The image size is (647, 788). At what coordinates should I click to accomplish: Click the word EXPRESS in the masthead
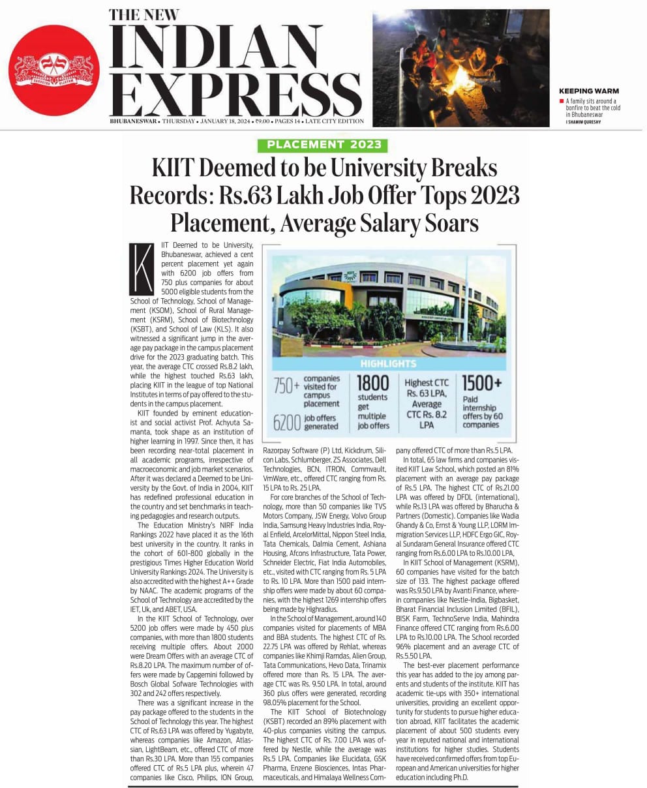(x=232, y=95)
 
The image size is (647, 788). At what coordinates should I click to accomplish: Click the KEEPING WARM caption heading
(x=589, y=91)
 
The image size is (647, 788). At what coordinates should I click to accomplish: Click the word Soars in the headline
(x=446, y=223)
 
